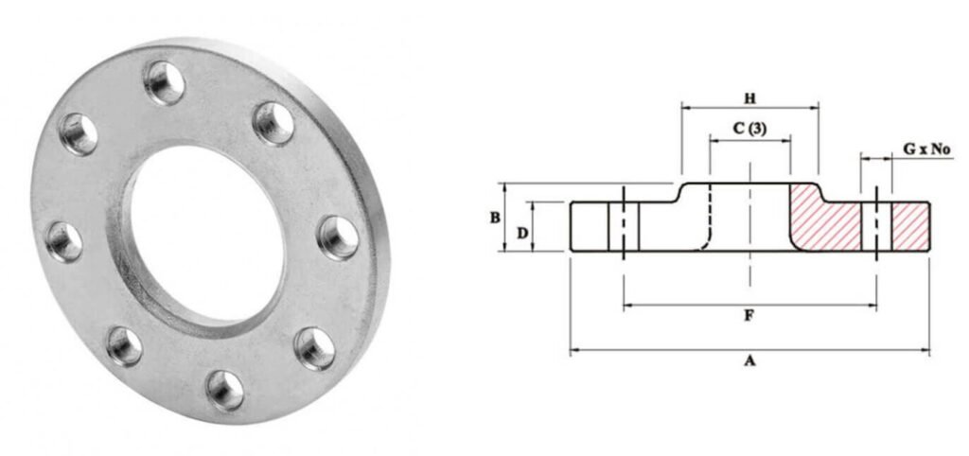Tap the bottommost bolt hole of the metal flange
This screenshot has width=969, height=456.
tap(225, 389)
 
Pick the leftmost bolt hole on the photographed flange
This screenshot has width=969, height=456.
tap(64, 241)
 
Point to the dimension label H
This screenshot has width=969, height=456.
tap(749, 96)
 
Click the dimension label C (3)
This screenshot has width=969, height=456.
tap(749, 130)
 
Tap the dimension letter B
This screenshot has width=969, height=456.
tap(495, 218)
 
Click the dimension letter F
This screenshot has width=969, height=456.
tap(749, 316)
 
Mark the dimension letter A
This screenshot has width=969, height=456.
tap(749, 360)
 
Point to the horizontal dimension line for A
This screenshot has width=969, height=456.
tap(662, 351)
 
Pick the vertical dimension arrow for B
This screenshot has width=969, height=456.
tap(505, 218)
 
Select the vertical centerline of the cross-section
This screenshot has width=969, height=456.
tap(749, 237)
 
